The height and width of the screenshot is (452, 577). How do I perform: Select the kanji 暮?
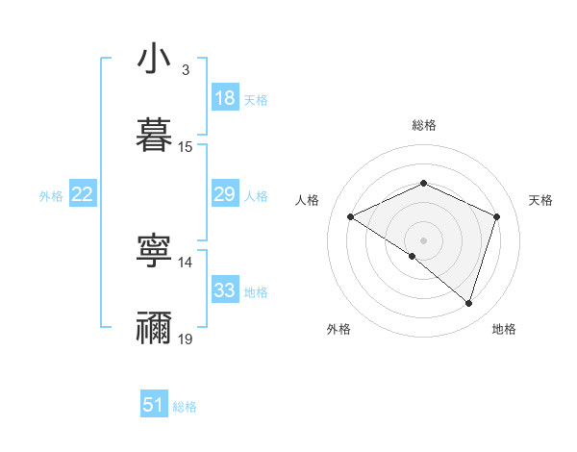pyautogui.click(x=154, y=134)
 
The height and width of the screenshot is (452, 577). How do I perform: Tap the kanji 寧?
pyautogui.click(x=154, y=251)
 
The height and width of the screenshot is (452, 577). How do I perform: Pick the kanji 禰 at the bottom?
pyautogui.click(x=154, y=327)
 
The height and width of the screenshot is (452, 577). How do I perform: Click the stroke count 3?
pyautogui.click(x=185, y=70)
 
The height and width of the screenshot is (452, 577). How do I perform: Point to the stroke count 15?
pyautogui.click(x=186, y=146)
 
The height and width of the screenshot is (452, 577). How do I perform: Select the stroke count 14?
pyautogui.click(x=186, y=262)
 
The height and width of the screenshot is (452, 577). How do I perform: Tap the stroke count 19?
pyautogui.click(x=186, y=339)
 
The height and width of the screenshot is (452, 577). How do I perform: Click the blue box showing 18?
pyautogui.click(x=224, y=98)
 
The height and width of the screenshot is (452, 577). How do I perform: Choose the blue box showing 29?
pyautogui.click(x=224, y=194)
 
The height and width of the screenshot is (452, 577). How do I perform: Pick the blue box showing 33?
pyautogui.click(x=224, y=290)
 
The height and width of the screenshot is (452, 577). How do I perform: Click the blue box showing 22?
pyautogui.click(x=83, y=194)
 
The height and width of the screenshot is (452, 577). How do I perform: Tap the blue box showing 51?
pyautogui.click(x=154, y=405)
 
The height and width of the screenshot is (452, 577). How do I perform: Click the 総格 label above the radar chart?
pyautogui.click(x=424, y=125)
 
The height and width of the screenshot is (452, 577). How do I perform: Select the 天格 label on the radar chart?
pyautogui.click(x=541, y=200)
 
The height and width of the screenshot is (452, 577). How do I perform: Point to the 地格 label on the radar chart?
pyautogui.click(x=504, y=329)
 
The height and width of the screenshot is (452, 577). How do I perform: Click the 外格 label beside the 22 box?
pyautogui.click(x=51, y=196)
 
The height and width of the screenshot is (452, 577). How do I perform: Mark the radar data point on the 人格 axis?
pyautogui.click(x=351, y=217)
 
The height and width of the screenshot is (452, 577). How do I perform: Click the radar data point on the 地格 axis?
pyautogui.click(x=468, y=303)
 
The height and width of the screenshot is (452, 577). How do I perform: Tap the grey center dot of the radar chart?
pyautogui.click(x=423, y=239)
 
